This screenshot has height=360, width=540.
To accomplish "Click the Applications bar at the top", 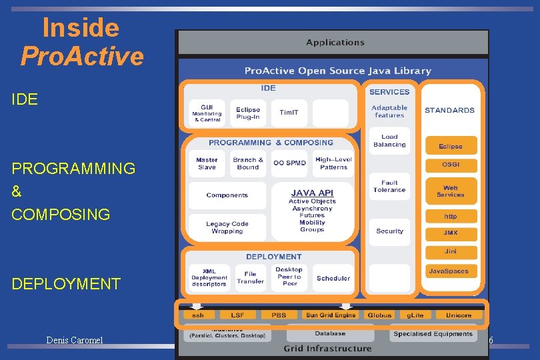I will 335,43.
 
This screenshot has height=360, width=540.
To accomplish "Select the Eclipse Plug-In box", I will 248,113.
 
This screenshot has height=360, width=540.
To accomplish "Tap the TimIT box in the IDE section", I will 289,113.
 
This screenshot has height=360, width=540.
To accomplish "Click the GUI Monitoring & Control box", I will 207,113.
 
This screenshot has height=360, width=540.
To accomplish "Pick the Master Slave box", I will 207,163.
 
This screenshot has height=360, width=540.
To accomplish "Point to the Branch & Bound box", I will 248,163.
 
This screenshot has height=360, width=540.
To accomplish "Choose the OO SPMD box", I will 289,163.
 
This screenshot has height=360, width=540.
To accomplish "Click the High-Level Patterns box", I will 333,163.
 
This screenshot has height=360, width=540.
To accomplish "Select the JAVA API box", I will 312,208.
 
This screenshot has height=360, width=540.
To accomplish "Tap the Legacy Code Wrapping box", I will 227,227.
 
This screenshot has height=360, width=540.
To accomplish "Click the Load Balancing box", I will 389,141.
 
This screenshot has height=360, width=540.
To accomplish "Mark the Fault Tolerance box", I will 389,186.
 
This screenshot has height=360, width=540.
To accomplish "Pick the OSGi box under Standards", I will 451,165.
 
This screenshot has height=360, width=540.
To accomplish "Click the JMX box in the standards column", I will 451,233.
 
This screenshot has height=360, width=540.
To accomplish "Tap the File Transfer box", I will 250,277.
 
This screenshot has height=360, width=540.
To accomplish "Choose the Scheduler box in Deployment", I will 333,278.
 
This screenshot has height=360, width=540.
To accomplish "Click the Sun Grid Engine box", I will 331,315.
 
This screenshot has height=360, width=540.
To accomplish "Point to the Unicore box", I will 459,315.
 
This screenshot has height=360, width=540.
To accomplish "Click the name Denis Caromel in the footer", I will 74,341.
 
